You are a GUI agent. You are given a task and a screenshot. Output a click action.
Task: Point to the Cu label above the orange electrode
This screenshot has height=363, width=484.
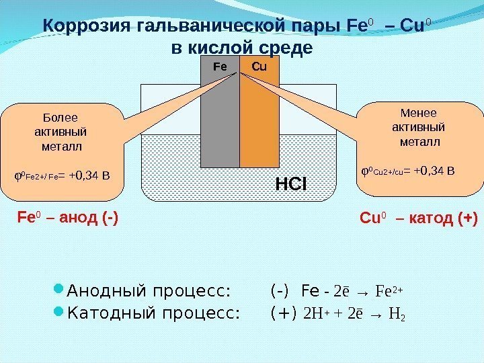259,67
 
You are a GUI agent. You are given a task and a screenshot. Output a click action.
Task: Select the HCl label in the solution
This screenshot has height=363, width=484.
291,182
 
